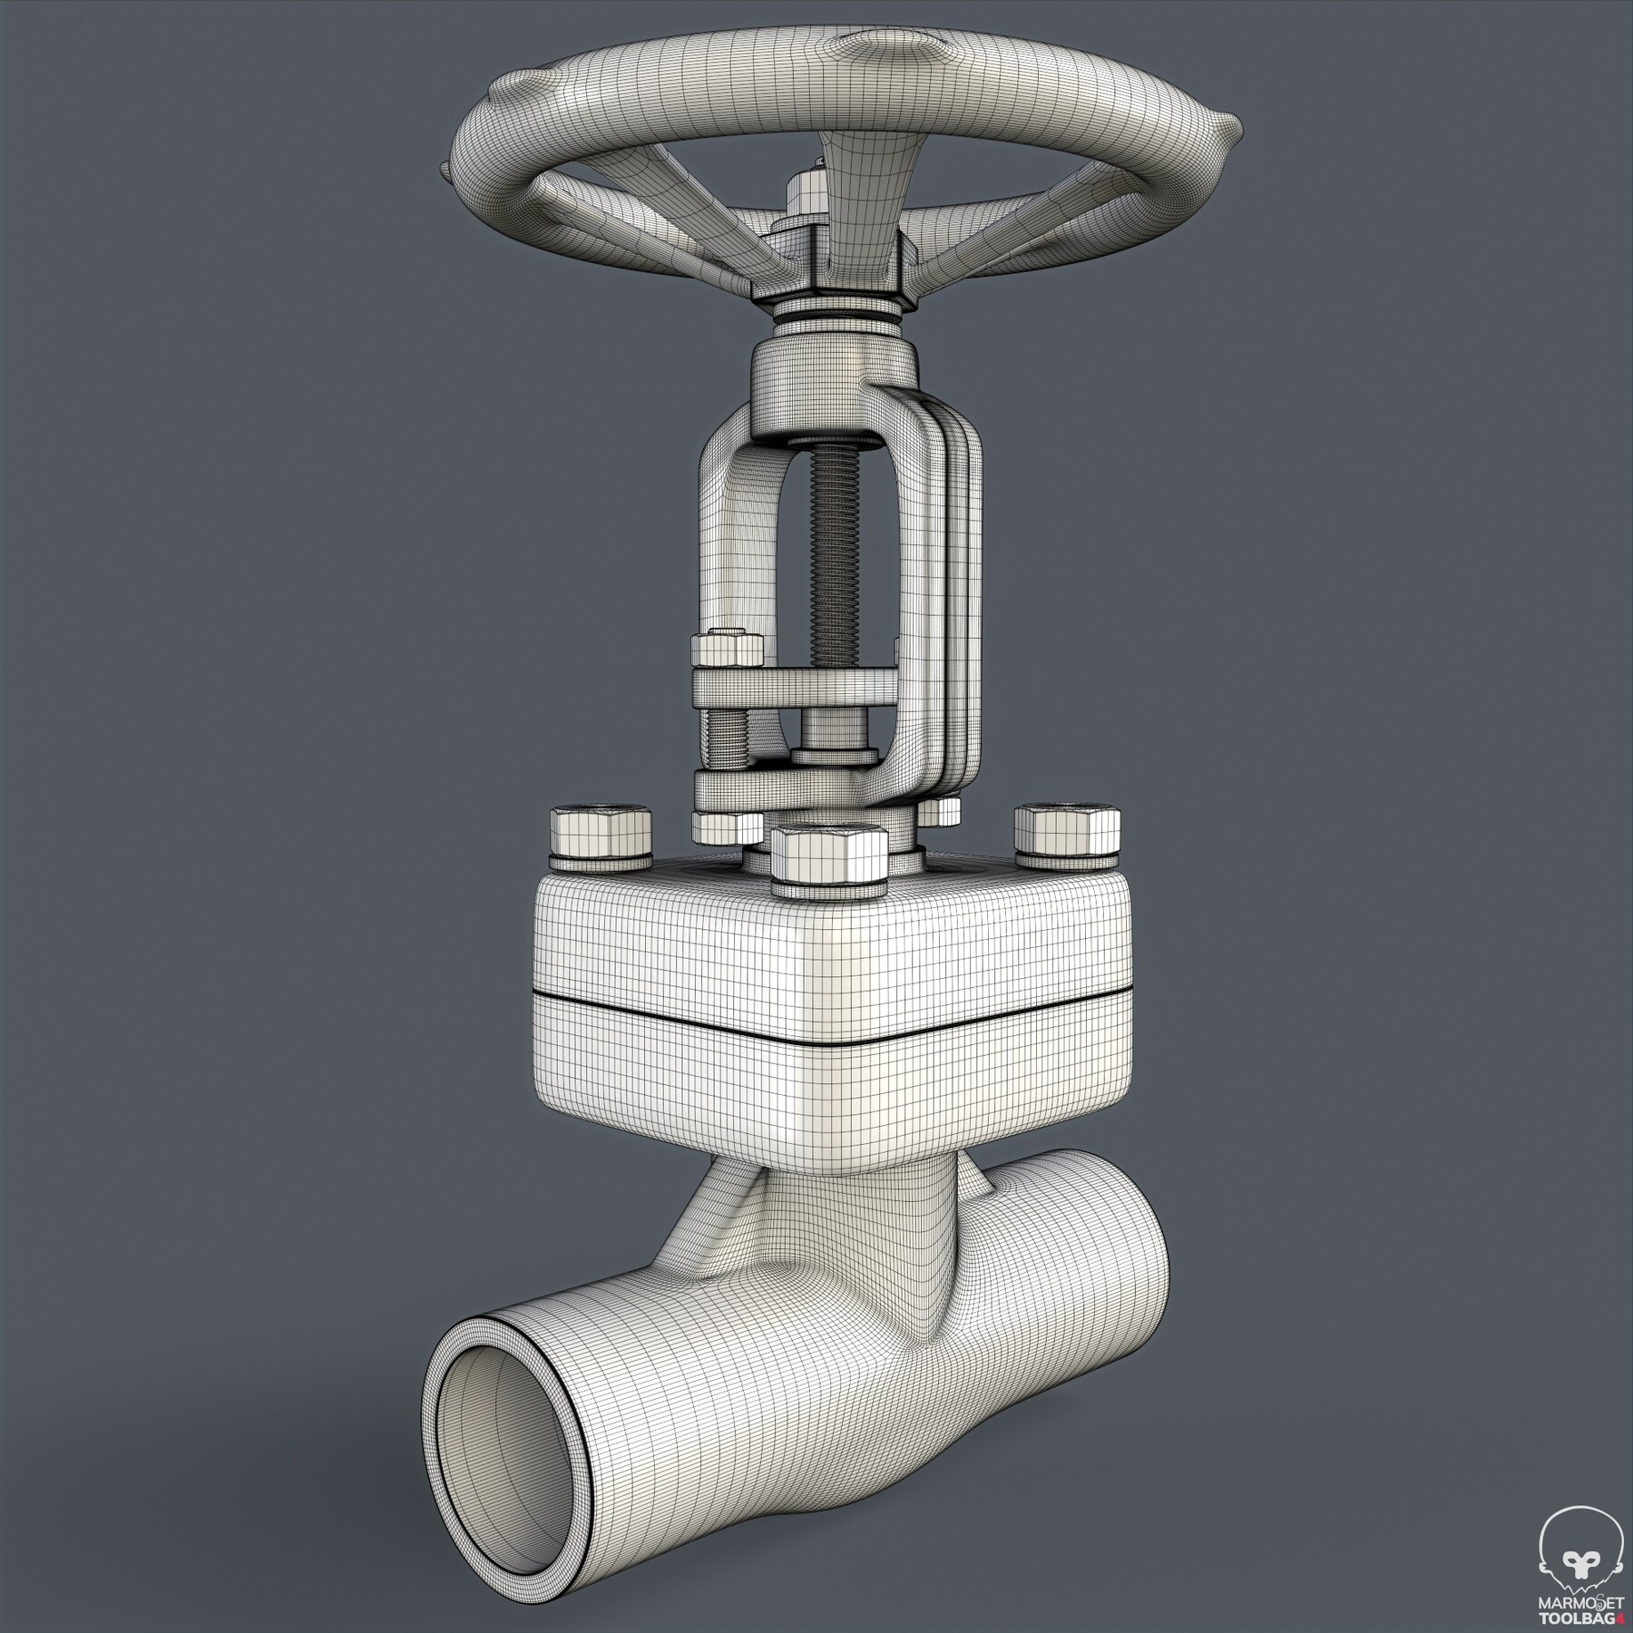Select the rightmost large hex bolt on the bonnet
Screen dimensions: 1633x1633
pos(1067,829)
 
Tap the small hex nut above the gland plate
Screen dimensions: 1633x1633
pos(727,650)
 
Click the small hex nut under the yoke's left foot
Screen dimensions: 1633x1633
pos(726,825)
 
